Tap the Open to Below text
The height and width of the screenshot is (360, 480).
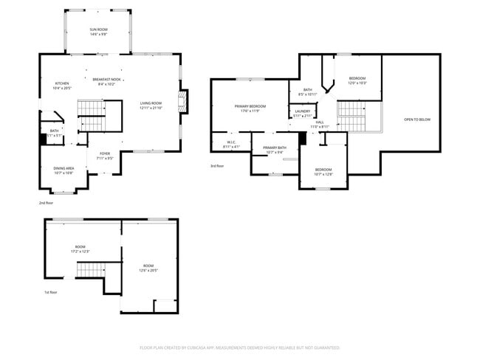coord(416,119)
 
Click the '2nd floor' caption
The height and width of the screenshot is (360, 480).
coord(47,202)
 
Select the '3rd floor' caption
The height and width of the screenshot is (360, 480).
coord(217,166)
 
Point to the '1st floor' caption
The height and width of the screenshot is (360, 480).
coord(51,291)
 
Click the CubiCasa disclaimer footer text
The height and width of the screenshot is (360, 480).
coord(239,347)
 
